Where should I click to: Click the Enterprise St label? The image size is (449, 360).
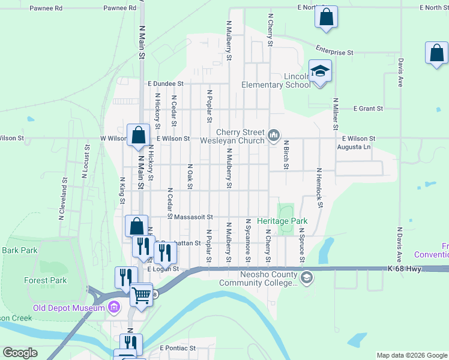click(333, 53)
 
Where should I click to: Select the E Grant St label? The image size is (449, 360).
click(368, 109)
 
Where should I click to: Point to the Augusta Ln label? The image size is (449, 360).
click(354, 146)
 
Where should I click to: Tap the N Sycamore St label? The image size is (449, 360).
click(248, 241)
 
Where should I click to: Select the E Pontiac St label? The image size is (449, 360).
click(178, 348)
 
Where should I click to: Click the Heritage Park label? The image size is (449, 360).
click(282, 221)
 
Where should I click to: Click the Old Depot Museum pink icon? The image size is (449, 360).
click(115, 308)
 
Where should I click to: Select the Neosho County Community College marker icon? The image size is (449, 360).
click(307, 277)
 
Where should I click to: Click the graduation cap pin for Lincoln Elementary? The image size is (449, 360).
click(321, 72)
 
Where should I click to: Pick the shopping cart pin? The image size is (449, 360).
click(142, 295)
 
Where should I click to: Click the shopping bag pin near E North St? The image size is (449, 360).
click(326, 18)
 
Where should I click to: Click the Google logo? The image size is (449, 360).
click(20, 353)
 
